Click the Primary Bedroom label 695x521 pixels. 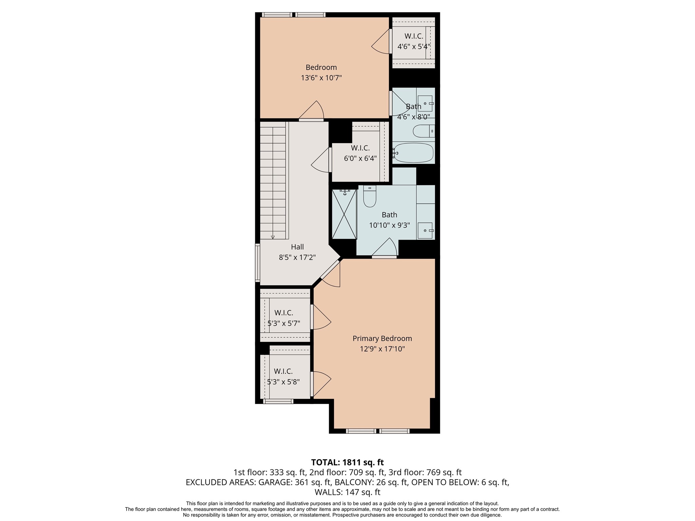pos(382,339)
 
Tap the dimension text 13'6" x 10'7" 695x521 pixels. pos(321,78)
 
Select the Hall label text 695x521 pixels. pos(297,247)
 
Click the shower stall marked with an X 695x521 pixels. pos(344,214)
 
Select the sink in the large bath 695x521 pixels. pos(425,231)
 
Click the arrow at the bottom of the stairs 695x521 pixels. pos(273,237)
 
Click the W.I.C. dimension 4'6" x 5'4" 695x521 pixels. pos(414,46)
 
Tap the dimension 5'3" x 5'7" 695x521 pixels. pos(284,323)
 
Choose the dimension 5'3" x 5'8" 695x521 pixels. pos(283,382)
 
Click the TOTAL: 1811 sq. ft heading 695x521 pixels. pos(347,462)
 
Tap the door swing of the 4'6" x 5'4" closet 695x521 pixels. pos(381,42)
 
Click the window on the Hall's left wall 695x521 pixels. pos(258,263)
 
